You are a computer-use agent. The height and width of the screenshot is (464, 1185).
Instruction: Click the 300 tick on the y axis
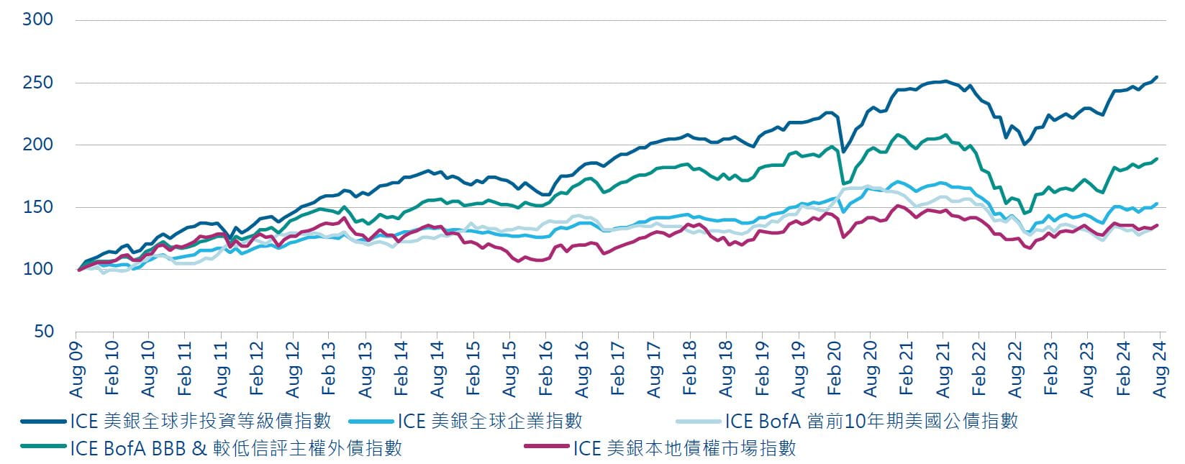[38, 19]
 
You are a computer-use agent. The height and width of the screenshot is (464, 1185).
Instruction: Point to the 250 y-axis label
[38, 83]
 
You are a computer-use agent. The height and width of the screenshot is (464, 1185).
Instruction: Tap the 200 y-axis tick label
[38, 145]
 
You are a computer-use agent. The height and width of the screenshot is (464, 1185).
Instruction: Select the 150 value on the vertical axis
[38, 207]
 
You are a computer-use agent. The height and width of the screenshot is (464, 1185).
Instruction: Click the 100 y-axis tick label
[38, 269]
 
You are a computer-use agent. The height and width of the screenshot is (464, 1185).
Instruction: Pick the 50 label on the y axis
[43, 331]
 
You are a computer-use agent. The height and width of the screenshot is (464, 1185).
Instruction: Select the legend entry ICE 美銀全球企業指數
[489, 421]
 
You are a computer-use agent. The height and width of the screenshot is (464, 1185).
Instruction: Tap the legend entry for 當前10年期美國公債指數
[871, 421]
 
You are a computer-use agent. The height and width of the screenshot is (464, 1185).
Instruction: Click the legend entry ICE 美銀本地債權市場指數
[684, 448]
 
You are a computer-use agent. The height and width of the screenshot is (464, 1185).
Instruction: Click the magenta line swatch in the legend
[547, 448]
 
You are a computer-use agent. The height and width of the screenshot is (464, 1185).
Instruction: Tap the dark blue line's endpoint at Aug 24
[1157, 77]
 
